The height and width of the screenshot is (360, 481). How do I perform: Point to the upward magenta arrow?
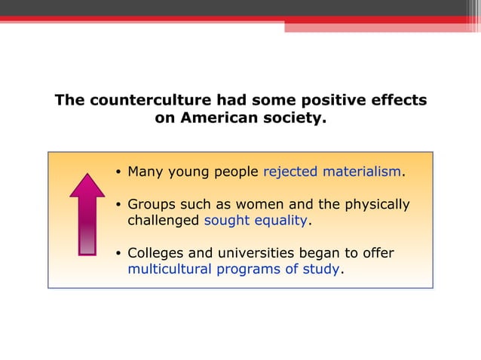click(87, 214)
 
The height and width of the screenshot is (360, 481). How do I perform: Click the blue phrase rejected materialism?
click(332, 172)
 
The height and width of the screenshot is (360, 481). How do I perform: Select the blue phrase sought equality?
click(256, 221)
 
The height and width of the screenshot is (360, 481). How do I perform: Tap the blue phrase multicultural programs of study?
click(234, 269)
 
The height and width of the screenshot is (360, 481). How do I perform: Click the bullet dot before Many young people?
click(118, 172)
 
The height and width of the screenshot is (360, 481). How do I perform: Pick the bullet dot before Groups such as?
click(118, 206)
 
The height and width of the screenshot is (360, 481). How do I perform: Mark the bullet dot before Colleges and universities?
click(118, 254)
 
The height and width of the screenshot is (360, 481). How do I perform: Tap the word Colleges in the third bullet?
click(155, 253)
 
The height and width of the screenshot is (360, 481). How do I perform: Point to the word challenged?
click(164, 221)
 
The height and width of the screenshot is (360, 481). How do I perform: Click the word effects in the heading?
click(400, 100)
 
